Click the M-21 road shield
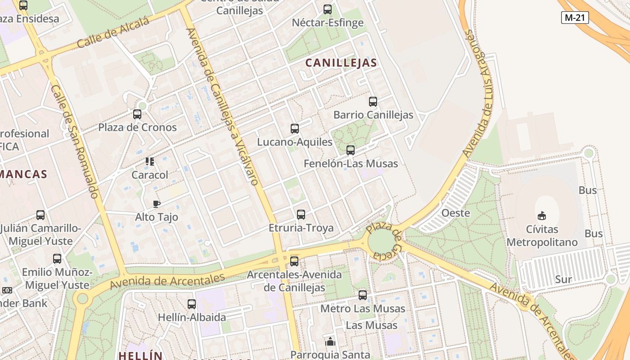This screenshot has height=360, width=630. pyautogui.click(x=575, y=18)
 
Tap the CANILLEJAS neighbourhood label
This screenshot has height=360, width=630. pyautogui.click(x=341, y=63)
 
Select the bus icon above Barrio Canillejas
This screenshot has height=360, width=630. pyautogui.click(x=373, y=102)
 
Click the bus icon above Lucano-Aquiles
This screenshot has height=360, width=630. pyautogui.click(x=295, y=129)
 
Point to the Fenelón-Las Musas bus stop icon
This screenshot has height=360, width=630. pyautogui.click(x=351, y=150)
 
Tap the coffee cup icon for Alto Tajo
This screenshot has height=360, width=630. pyautogui.click(x=157, y=204)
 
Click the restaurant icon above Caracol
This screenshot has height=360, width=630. pyautogui.click(x=150, y=162)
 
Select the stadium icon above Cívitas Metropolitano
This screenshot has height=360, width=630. pyautogui.click(x=542, y=216)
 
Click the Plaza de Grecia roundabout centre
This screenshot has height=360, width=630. pyautogui.click(x=381, y=242)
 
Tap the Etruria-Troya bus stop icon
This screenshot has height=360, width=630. pyautogui.click(x=301, y=215)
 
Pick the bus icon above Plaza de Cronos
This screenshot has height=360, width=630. pyautogui.click(x=137, y=114)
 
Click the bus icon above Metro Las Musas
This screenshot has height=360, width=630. pyautogui.click(x=363, y=295)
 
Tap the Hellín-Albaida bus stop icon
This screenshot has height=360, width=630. pyautogui.click(x=192, y=304)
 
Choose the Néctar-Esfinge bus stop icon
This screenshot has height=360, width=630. pyautogui.click(x=328, y=9)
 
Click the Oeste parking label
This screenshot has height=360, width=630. pyautogui.click(x=455, y=213)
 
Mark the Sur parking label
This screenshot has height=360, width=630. pyautogui.click(x=563, y=279)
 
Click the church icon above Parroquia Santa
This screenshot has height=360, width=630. pyautogui.click(x=330, y=342)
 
